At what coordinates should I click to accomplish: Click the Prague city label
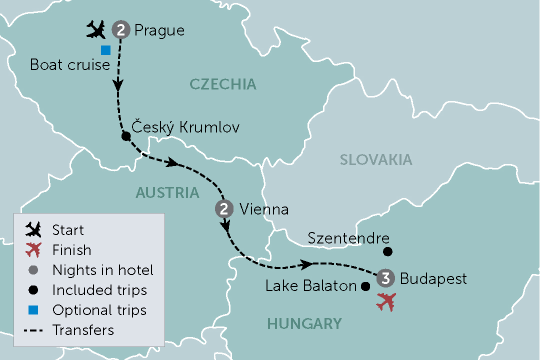click(x=159, y=30)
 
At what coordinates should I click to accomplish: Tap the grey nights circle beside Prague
click(x=120, y=30)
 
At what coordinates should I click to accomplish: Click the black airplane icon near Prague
click(x=96, y=30)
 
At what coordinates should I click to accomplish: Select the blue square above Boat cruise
click(x=105, y=50)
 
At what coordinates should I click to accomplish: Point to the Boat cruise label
click(x=70, y=65)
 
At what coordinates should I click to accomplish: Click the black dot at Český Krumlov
click(x=125, y=136)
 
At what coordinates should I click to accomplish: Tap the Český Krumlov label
click(x=185, y=127)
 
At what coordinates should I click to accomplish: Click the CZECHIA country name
click(x=223, y=84)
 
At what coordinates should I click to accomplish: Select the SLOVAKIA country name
click(x=376, y=159)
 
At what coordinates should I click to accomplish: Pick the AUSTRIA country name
click(x=167, y=192)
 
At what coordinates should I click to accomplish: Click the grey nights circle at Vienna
click(x=223, y=208)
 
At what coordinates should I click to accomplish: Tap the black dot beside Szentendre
click(x=387, y=251)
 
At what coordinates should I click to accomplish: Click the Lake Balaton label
click(x=310, y=286)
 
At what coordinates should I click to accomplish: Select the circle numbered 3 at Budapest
click(x=385, y=278)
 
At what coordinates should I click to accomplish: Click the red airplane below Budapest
click(x=386, y=302)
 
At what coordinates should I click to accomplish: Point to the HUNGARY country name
click(x=304, y=323)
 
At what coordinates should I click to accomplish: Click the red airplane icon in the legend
click(x=33, y=250)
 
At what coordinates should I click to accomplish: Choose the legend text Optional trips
click(x=99, y=310)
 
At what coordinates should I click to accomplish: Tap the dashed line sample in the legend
click(x=33, y=330)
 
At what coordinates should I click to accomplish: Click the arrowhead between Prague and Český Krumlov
click(x=118, y=85)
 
